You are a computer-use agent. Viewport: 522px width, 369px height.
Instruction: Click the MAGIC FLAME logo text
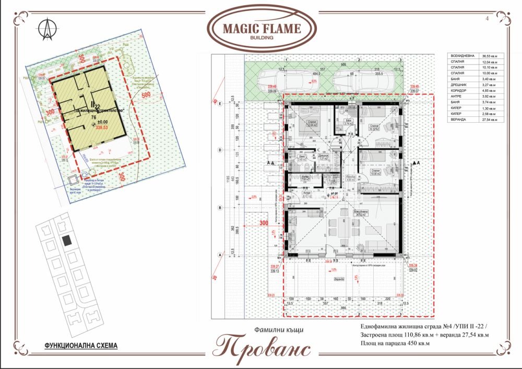pos(262,29)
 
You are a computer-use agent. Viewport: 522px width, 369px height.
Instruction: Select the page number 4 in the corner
pos(487,18)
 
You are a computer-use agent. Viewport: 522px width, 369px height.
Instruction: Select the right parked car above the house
pos(360,81)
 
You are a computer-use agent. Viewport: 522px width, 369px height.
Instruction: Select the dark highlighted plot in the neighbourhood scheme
pos(67,241)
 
